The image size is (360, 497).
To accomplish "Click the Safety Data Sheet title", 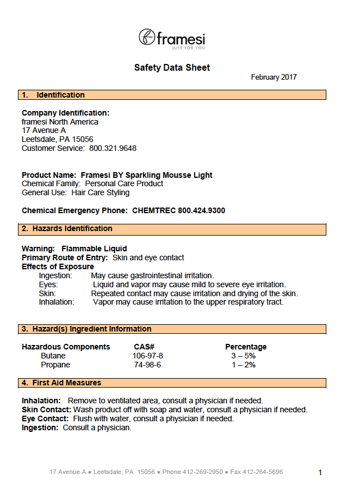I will tap(172, 68).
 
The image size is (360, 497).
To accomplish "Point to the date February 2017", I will tap(274, 77).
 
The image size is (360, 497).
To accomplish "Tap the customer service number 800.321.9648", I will tap(113, 149).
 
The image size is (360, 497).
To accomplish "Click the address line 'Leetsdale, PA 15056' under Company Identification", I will tap(57, 140).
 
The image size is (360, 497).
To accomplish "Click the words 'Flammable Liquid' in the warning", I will tap(94, 248).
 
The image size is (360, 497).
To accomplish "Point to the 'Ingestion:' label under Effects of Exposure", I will tap(56, 275).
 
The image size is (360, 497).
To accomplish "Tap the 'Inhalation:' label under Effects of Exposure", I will tap(57, 302).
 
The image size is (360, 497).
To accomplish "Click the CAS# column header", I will tap(144, 347).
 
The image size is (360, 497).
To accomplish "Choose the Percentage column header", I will tap(246, 347).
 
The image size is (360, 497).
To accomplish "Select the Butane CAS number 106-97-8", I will tap(147, 356).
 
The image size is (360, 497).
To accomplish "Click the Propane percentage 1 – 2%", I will tap(243, 365).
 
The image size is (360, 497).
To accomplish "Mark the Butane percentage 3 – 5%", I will tap(243, 356).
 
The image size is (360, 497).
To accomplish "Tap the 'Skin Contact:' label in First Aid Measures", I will tap(46, 410).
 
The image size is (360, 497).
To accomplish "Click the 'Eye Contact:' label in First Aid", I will tap(45, 419).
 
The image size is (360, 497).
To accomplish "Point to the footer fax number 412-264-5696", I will tap(264, 472).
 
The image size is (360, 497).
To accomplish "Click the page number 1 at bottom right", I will tap(320, 473).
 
